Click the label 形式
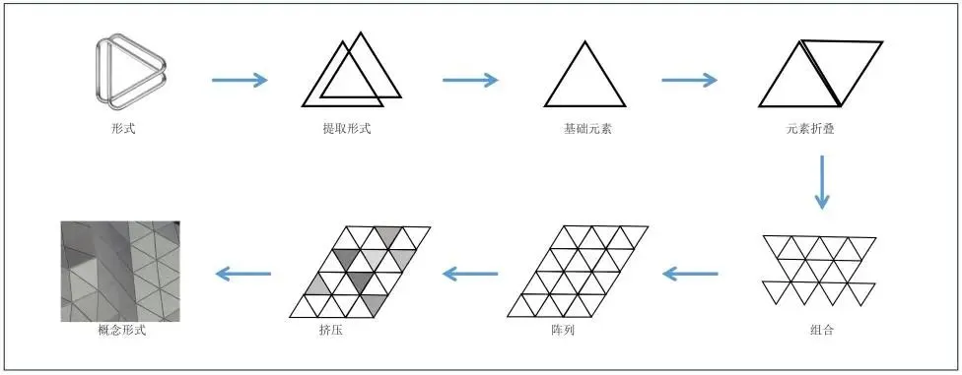[124, 128]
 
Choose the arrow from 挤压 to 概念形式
[243, 273]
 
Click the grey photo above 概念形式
[119, 271]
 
